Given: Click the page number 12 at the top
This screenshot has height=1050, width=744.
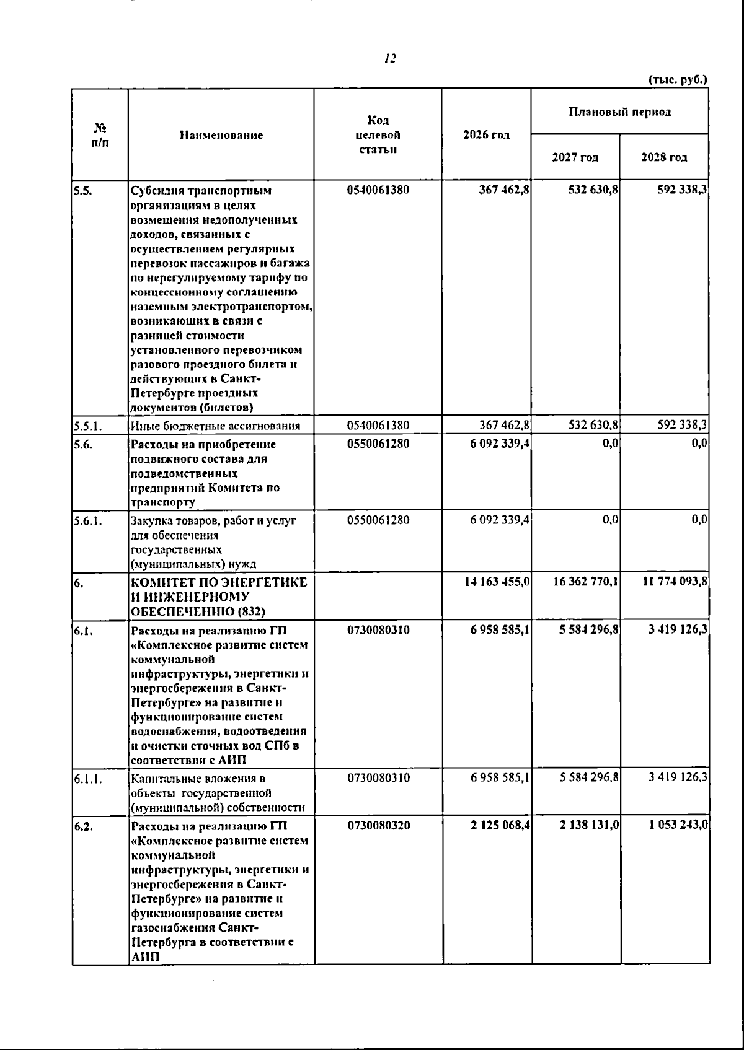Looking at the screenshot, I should pos(390,59).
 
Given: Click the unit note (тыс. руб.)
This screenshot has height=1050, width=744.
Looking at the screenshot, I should pos(678,80).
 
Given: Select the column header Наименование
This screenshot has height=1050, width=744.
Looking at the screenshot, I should pos(221,135).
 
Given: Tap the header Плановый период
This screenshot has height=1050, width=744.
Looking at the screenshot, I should pos(620,112).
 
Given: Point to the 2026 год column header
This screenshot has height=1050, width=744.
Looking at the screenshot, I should pos(487,135).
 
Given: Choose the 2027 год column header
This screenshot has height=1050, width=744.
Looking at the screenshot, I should pos(575,157).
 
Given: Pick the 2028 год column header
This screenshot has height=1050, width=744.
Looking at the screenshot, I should pos(664,157).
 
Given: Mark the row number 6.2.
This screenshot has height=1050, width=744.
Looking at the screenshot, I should pos(83,826).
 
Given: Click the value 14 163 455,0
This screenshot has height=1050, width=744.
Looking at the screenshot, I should pos(497,582).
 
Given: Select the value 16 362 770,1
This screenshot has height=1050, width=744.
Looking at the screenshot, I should pos(585,582).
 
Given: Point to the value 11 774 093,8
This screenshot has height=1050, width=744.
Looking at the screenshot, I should pos(674,582).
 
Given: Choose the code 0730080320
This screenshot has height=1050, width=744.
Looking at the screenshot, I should pos(378,826).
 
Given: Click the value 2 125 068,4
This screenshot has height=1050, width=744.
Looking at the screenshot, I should pos(500,826).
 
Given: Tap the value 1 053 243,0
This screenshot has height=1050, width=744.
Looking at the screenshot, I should pos(678,826).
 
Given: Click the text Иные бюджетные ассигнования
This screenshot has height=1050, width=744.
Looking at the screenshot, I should pos(216,426).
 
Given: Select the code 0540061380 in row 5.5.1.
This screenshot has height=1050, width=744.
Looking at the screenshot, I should pos(378,426).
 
